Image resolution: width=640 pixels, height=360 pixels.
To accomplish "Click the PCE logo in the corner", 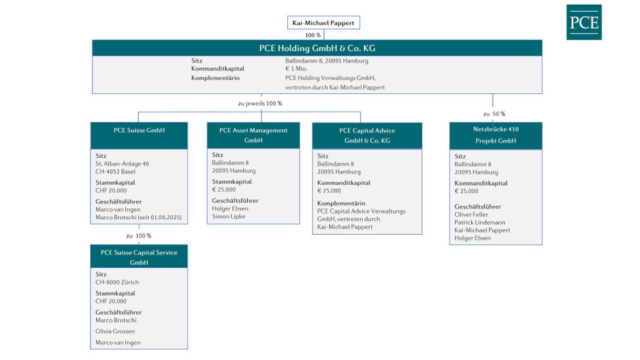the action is [x=583, y=22].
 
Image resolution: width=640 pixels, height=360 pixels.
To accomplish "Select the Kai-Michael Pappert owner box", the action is [x=323, y=23].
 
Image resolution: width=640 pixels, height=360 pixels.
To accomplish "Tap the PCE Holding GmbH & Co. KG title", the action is [x=317, y=48].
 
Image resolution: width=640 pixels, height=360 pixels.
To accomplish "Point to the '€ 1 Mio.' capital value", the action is [x=296, y=69].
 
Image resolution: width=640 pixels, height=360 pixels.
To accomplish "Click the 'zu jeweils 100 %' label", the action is [x=260, y=103].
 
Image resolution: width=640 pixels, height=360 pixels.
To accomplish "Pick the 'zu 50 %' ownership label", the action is [x=494, y=114].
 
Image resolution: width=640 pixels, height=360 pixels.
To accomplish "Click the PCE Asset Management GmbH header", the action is [x=253, y=135].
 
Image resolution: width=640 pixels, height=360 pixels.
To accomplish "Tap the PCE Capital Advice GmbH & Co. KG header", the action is [x=367, y=136].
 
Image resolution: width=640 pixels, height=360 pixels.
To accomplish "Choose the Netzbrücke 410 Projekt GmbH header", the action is [x=496, y=135].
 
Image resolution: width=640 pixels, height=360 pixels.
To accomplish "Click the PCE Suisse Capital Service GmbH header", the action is [x=139, y=257].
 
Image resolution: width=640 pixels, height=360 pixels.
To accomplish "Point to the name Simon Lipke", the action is [x=229, y=216].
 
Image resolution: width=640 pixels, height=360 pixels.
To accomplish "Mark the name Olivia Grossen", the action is [x=115, y=331].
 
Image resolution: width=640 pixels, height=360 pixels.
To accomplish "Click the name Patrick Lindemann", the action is [x=480, y=223].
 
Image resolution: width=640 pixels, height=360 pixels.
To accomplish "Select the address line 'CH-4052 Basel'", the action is [x=116, y=171].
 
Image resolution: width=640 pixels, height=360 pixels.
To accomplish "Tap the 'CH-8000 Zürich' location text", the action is [x=117, y=282].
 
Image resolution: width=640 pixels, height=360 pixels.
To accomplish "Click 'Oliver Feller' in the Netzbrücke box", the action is [x=471, y=214].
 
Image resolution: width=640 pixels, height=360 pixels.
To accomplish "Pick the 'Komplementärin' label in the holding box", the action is [x=215, y=78].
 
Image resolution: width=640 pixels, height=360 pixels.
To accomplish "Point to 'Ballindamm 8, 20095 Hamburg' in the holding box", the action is [x=327, y=61].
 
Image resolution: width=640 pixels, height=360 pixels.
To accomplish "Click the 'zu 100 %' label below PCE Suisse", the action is [x=139, y=235].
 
